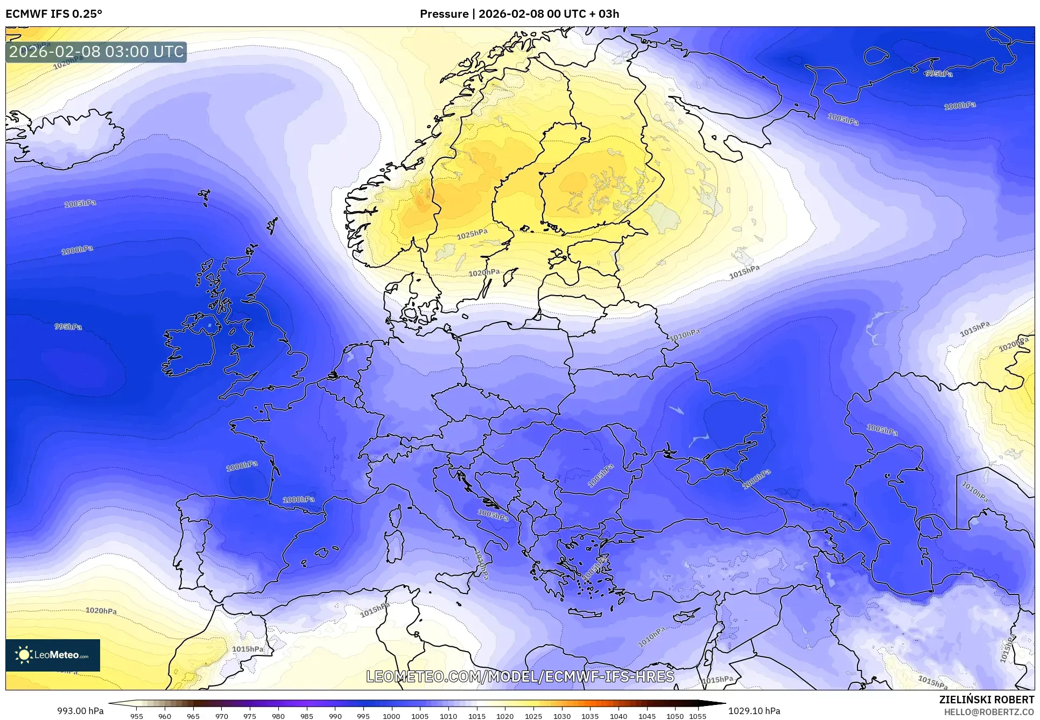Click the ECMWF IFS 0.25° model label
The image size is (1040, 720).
click(x=54, y=13)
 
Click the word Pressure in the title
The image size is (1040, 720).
click(x=444, y=13)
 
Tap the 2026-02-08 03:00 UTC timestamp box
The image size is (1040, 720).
click(x=96, y=52)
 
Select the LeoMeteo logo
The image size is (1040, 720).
click(x=53, y=655)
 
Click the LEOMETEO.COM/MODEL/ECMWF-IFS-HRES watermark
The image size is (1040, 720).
click(x=520, y=676)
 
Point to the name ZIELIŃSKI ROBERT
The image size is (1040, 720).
click(x=987, y=700)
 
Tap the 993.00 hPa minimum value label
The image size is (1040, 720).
click(x=80, y=711)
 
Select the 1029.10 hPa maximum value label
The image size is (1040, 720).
click(x=754, y=711)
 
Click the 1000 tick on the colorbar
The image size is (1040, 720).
click(x=391, y=716)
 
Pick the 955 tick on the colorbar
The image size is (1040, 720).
click(x=137, y=716)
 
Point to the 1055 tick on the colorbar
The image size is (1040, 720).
click(x=698, y=716)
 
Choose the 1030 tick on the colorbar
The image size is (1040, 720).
click(x=561, y=716)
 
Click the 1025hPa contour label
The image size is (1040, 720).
click(x=472, y=234)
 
